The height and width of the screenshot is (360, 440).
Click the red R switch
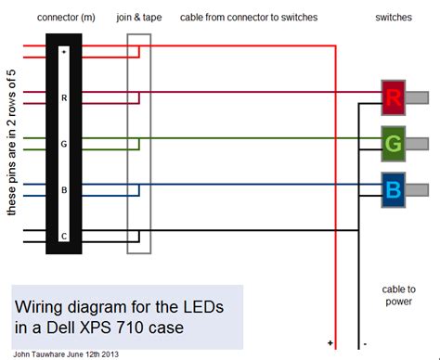pyautogui.click(x=392, y=96)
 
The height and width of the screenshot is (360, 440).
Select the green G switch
pyautogui.click(x=392, y=143)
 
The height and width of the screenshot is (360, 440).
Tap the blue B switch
pyautogui.click(x=392, y=189)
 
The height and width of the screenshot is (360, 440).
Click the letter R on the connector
pyautogui.click(x=63, y=96)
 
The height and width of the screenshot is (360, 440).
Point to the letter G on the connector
pyautogui.click(x=63, y=144)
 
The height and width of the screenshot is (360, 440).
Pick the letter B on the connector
pyautogui.click(x=63, y=189)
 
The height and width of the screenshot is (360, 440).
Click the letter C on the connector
pyautogui.click(x=63, y=236)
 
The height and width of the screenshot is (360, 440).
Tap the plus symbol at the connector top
pyautogui.click(x=63, y=53)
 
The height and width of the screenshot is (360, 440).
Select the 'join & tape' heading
pyautogui.click(x=138, y=19)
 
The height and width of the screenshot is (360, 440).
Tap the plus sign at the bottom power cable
pyautogui.click(x=330, y=343)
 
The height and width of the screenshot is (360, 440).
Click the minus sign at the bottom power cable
pyautogui.click(x=365, y=343)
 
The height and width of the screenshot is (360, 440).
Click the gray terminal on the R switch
pyautogui.click(x=417, y=96)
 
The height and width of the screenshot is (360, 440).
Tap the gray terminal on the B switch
pyautogui.click(x=417, y=189)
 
